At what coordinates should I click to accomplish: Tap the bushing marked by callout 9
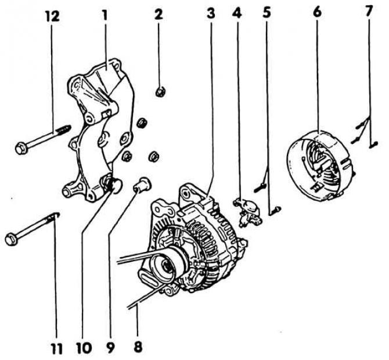141,186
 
